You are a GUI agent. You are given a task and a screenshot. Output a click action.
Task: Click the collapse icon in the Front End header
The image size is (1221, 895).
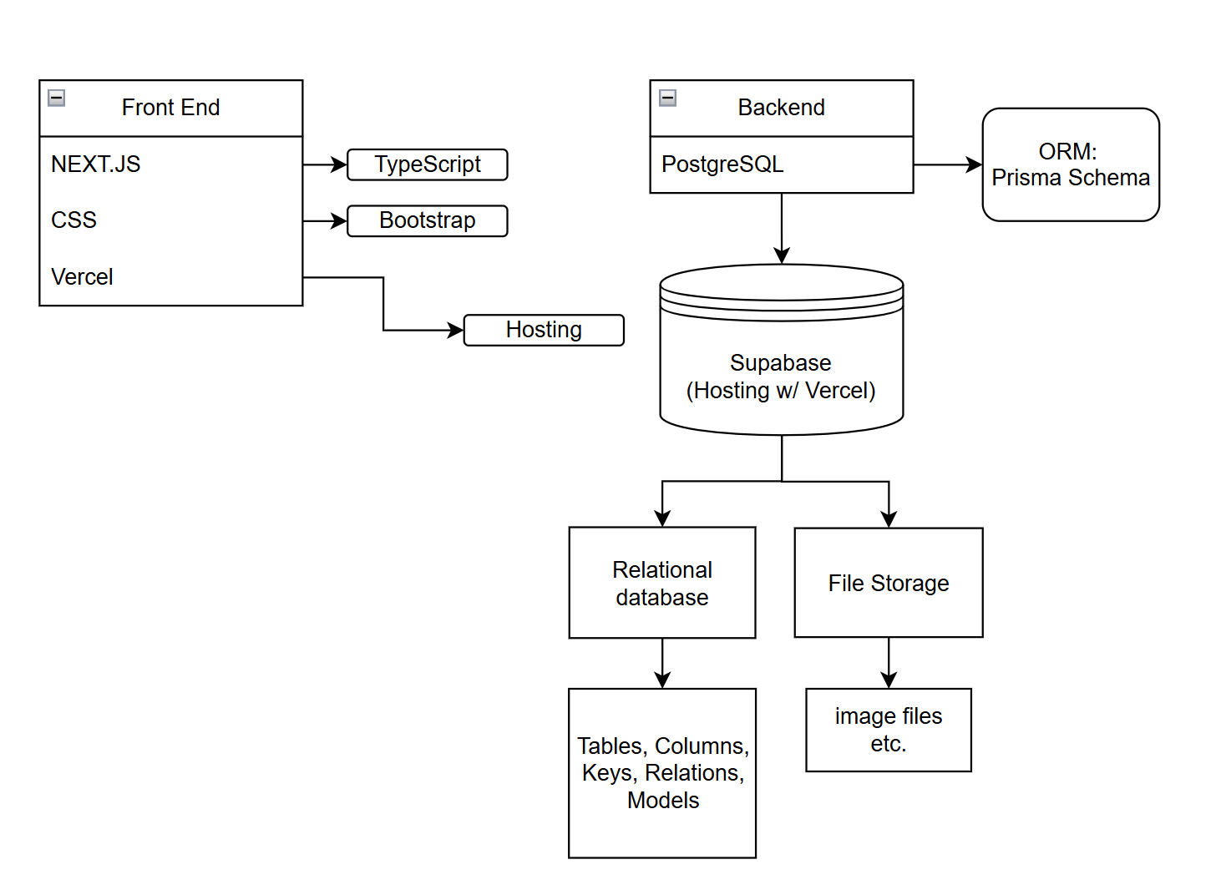(57, 98)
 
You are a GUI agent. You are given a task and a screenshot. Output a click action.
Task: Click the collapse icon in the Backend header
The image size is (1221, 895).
(667, 98)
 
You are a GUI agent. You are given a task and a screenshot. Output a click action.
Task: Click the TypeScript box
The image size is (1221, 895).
(427, 164)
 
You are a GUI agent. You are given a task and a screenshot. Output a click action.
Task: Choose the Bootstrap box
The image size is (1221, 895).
(427, 220)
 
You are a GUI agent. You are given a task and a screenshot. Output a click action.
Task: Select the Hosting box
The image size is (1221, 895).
(544, 330)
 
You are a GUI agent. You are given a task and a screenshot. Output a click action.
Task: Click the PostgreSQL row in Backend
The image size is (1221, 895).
(781, 164)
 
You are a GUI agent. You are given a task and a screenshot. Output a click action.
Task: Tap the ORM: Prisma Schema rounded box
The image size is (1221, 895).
(1071, 164)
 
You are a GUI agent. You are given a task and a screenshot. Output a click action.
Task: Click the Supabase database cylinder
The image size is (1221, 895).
(781, 367)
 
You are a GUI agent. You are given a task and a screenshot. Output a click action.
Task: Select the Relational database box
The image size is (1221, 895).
(662, 583)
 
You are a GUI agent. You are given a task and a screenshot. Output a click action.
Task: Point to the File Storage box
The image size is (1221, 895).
(889, 583)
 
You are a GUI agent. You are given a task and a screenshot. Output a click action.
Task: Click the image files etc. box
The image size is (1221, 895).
(889, 730)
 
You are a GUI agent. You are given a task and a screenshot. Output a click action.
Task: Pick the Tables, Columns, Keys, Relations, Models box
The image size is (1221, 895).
(662, 773)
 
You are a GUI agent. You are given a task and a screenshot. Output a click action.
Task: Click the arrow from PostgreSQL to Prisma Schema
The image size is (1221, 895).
(947, 164)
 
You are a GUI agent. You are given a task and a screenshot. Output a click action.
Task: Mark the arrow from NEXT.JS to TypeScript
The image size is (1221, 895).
(324, 164)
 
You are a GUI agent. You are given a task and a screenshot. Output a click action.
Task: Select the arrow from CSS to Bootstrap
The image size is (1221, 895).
(324, 220)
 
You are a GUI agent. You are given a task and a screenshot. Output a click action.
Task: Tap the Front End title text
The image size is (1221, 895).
(170, 108)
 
